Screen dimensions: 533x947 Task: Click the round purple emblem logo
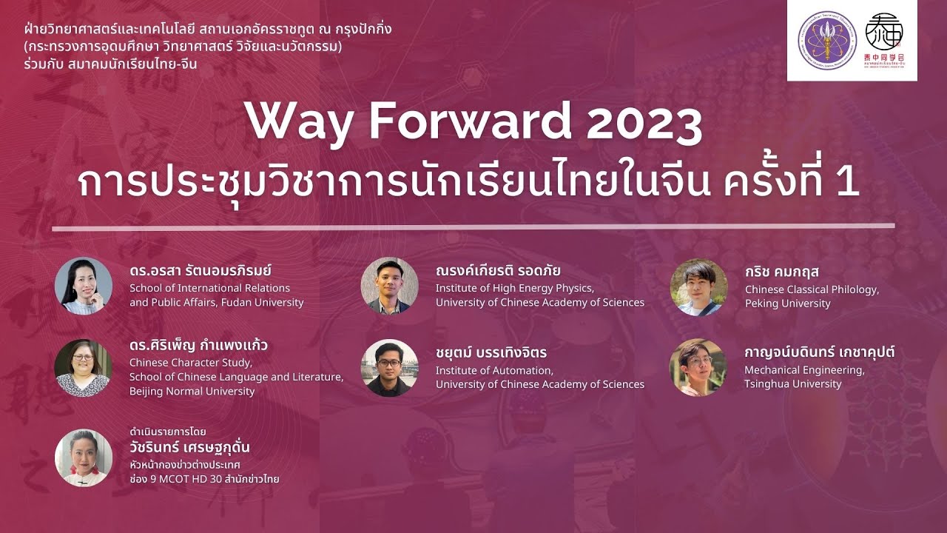click(827, 40)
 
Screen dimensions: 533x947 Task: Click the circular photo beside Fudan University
click(84, 286)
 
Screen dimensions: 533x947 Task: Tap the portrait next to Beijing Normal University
click(84, 368)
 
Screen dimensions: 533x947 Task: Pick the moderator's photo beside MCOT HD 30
click(84, 457)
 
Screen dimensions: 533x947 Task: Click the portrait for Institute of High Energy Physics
click(389, 286)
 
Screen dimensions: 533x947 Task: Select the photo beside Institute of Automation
click(389, 368)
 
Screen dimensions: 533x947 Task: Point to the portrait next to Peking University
click(698, 286)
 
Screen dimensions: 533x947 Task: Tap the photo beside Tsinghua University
click(698, 368)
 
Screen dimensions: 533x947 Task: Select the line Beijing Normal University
click(192, 391)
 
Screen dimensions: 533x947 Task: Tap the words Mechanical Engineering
click(804, 369)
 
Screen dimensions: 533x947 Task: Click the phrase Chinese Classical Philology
click(812, 289)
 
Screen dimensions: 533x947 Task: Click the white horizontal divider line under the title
click(473, 227)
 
